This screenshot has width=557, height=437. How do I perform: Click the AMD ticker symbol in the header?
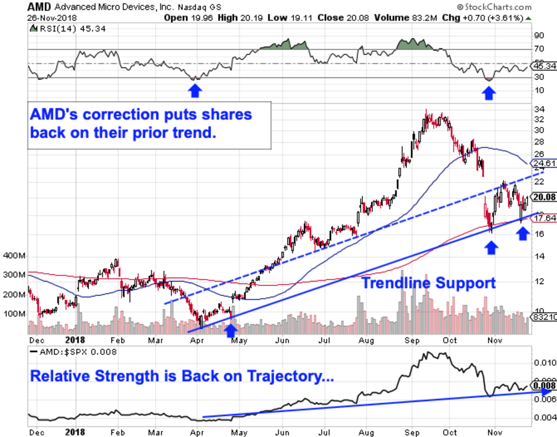[38, 7]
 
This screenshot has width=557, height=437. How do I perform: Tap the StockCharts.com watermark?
[494, 7]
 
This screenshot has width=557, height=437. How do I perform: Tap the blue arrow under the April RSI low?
[195, 91]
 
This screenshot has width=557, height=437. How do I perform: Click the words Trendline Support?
[428, 283]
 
